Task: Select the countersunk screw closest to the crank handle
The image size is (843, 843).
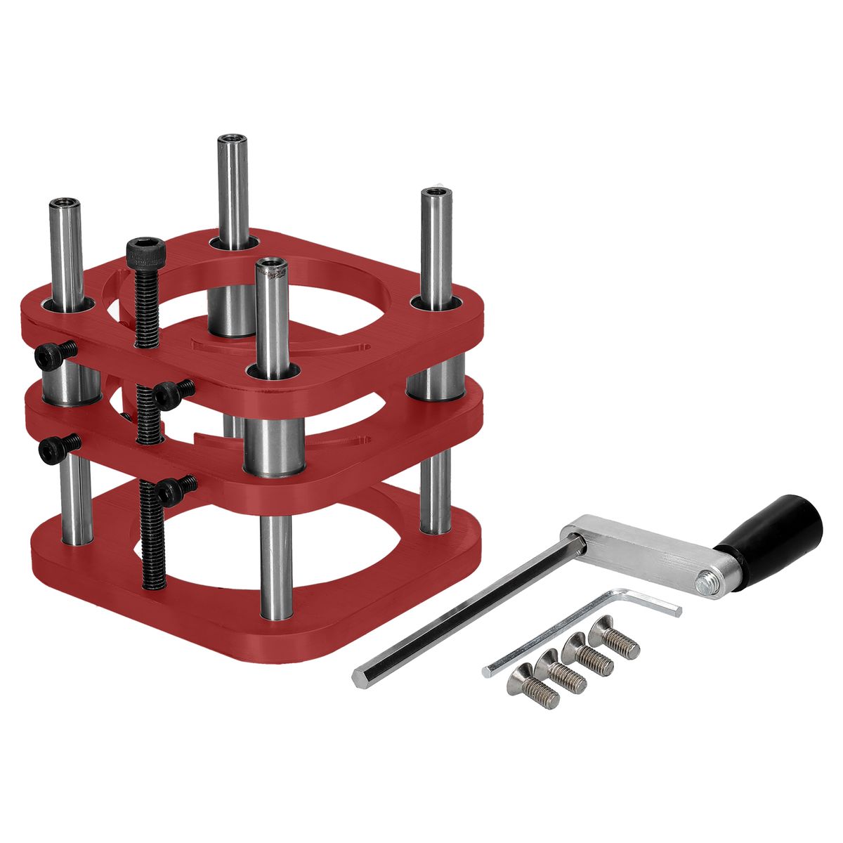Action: click(x=614, y=636)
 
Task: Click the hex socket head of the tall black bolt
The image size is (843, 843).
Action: click(x=146, y=249)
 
